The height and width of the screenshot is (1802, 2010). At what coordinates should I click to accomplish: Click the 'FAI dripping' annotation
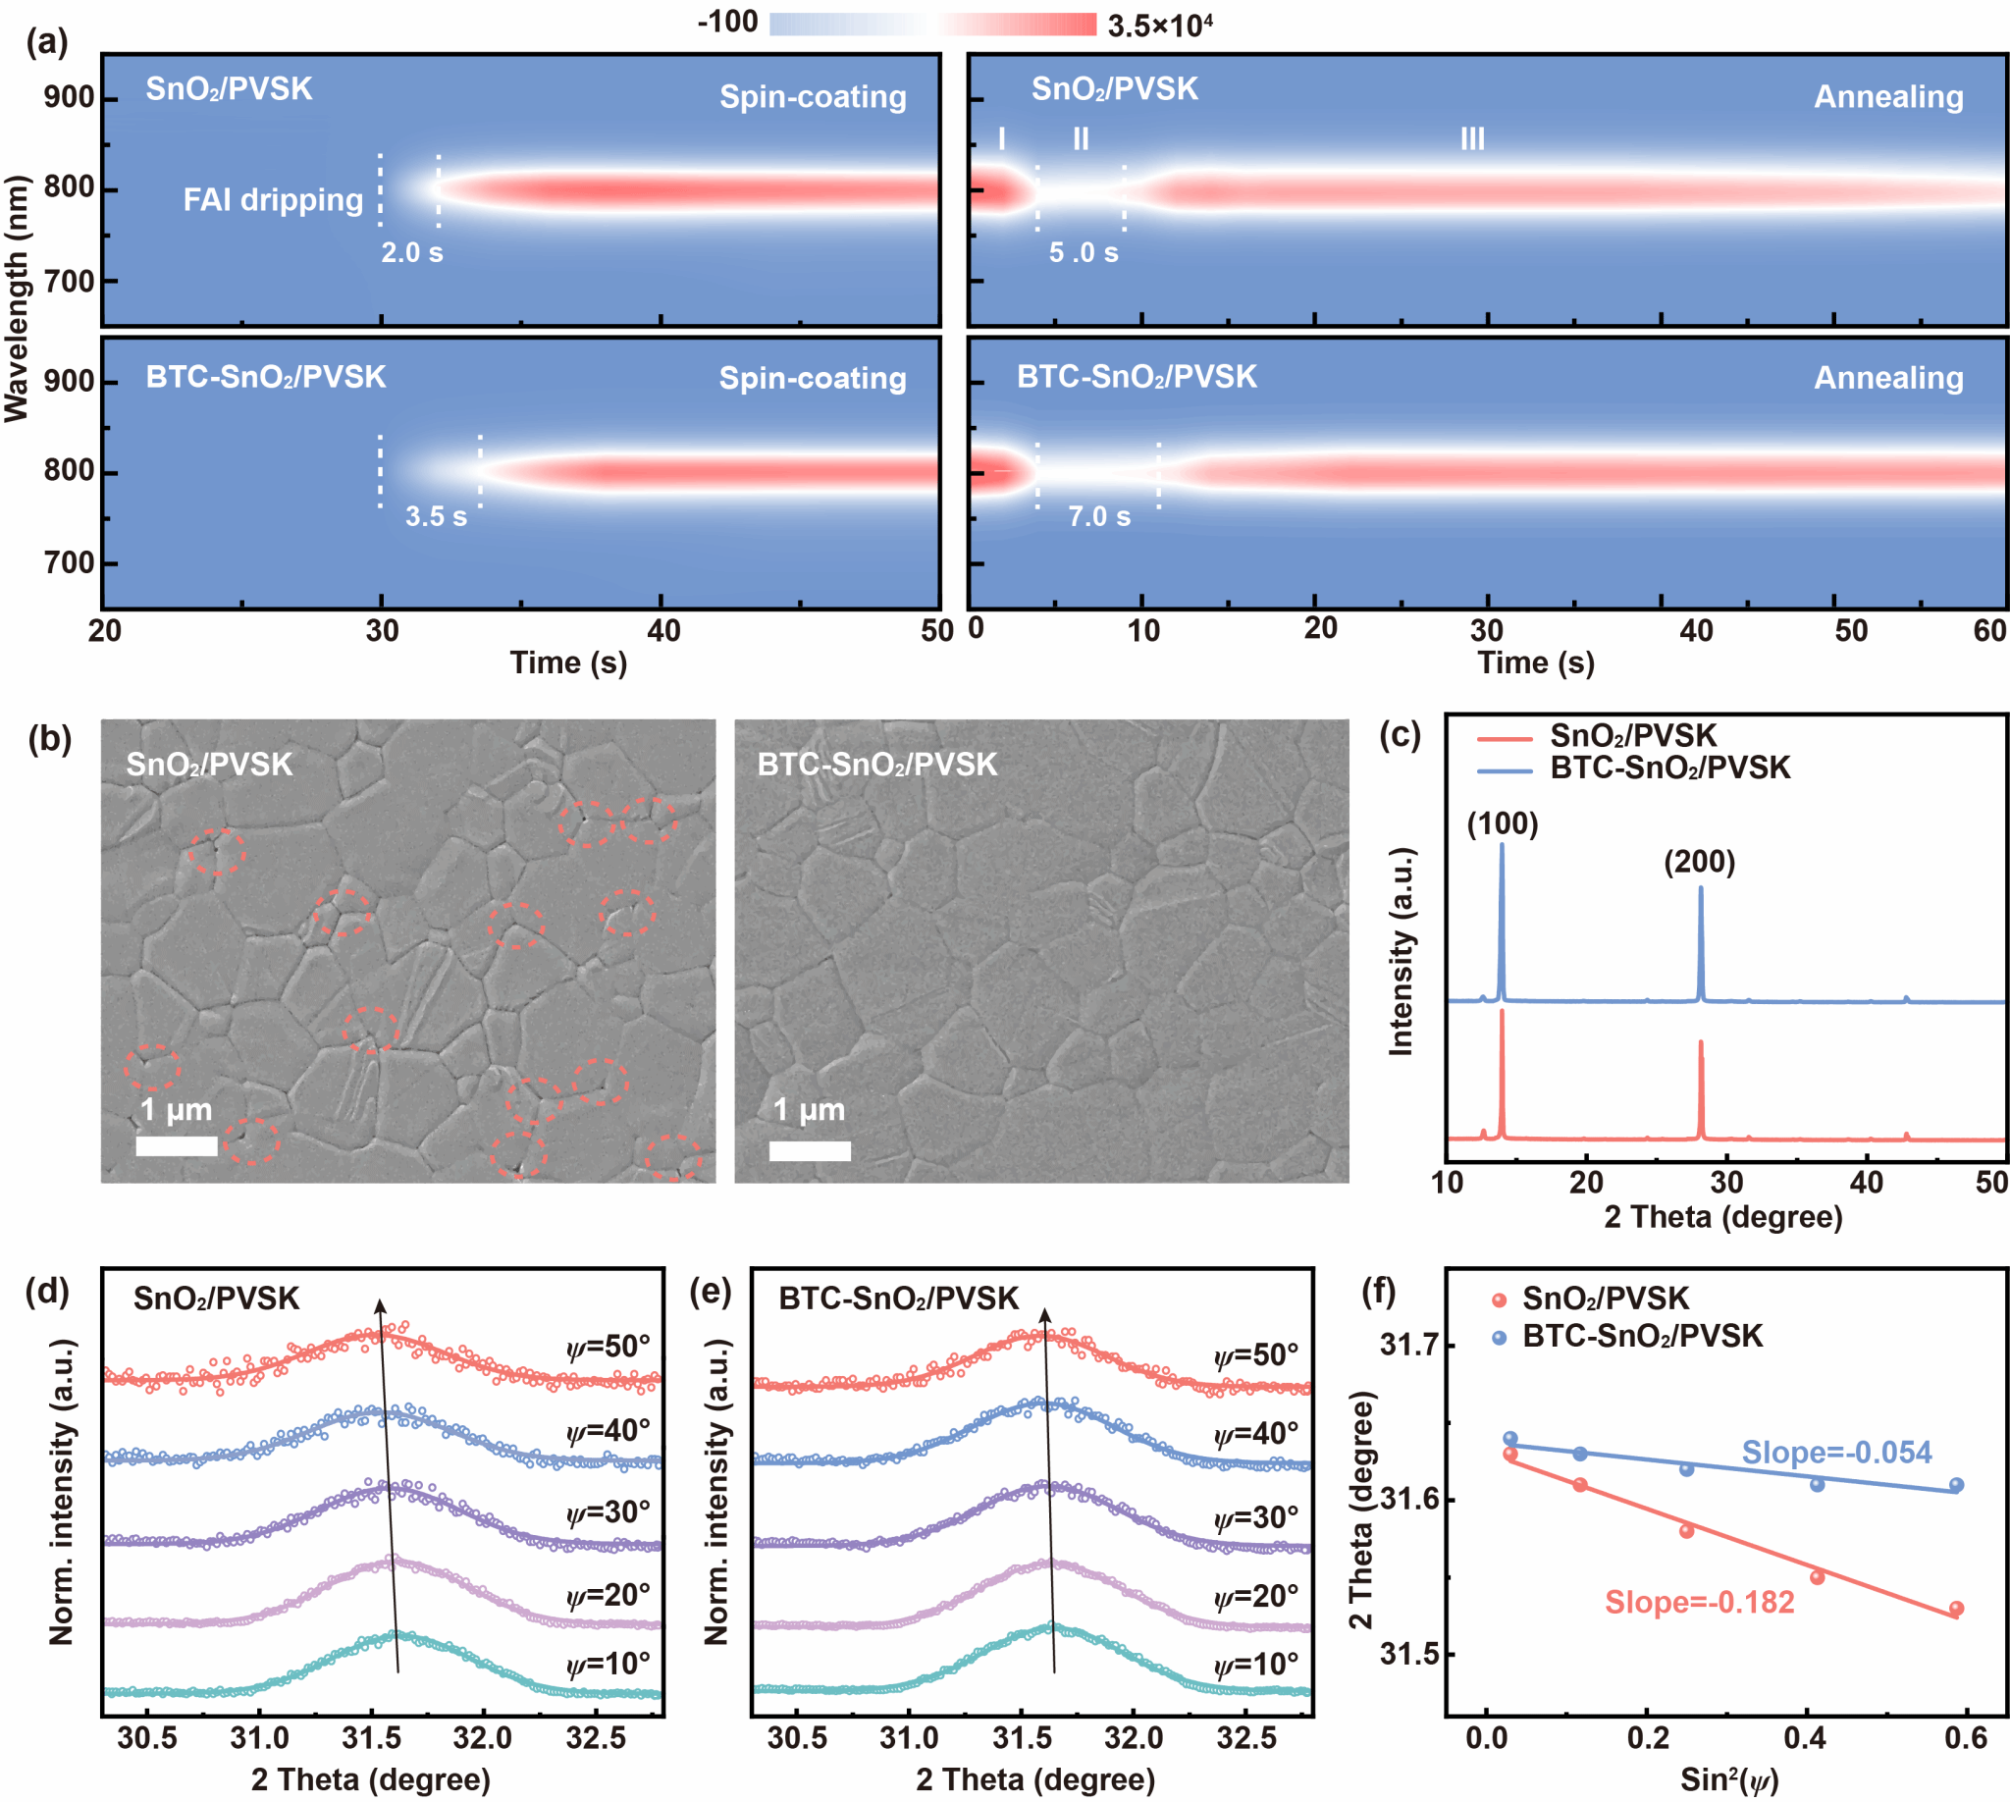tap(273, 200)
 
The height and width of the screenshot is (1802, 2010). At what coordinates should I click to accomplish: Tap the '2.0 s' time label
tap(412, 252)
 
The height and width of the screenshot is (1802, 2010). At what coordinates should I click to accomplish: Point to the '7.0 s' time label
tap(1098, 516)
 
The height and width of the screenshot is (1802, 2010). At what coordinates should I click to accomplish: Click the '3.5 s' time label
tap(436, 516)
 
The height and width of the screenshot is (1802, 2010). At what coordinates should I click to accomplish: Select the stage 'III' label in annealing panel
tap(1471, 138)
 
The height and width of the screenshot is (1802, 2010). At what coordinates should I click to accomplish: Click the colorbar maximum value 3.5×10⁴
tap(1159, 25)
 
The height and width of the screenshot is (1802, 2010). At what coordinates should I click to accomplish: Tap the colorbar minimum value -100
tap(728, 22)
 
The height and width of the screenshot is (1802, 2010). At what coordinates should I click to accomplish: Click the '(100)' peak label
tap(1502, 823)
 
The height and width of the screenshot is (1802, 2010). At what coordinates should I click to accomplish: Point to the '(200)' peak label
tap(1699, 862)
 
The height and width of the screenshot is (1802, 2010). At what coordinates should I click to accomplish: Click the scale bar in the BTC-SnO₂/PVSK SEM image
tap(809, 1150)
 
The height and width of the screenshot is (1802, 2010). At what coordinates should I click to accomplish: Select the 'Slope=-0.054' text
tap(1836, 1453)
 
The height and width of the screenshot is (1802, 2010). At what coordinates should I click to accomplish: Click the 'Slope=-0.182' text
tap(1699, 1602)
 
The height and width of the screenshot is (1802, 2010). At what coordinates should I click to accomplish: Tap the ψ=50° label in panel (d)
tap(608, 1347)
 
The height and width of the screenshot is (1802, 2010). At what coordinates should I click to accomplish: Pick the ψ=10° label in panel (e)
tap(1255, 1665)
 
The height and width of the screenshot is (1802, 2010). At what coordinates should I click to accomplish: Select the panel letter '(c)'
tap(1400, 735)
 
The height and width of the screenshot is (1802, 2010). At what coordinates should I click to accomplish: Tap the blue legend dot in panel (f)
tap(1499, 1338)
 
